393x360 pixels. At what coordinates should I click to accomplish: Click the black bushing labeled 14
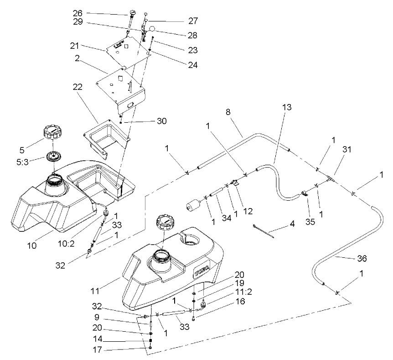150,341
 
